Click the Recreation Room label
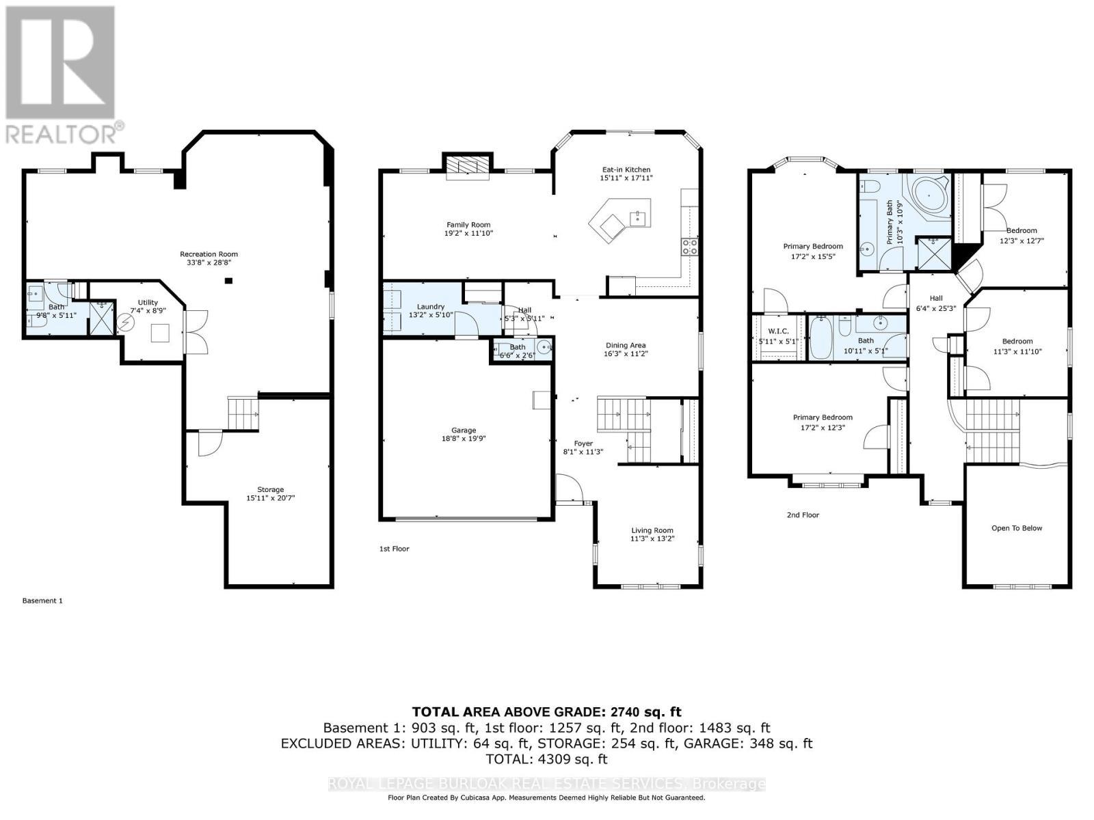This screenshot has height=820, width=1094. coord(209,254)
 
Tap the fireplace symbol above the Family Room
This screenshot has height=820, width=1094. coord(468,167)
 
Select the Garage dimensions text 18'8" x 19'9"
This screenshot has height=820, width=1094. coord(464,439)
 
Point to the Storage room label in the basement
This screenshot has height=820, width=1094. coord(270,489)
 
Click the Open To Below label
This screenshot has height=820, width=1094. coord(1017,528)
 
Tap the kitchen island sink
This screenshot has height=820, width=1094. coord(639,218)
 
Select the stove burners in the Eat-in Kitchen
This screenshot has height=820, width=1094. coord(689,247)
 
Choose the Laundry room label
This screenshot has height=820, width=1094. coord(431,307)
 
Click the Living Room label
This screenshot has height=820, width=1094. coord(652,530)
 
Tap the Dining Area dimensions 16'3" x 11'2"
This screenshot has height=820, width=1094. coord(625,354)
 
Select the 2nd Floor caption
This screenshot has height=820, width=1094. coord(802,515)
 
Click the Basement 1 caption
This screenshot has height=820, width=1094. coord(42,601)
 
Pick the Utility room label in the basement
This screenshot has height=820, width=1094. coord(148,302)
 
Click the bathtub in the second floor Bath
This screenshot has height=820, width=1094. coord(820,337)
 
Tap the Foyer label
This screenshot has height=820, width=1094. coord(583,443)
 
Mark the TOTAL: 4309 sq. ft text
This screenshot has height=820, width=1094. coord(546,758)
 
